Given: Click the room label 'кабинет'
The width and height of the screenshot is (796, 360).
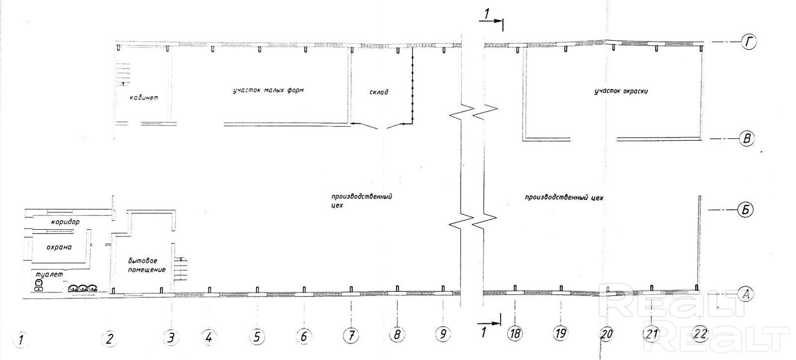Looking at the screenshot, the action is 144,98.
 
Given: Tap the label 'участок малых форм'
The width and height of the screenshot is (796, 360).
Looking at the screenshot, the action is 268,90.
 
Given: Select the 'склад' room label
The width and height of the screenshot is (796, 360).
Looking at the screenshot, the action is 379,92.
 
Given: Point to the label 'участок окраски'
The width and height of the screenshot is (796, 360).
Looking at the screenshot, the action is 621,91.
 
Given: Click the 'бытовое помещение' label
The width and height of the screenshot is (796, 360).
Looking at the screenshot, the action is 146,265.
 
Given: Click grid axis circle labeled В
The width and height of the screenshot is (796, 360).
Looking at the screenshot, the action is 746,138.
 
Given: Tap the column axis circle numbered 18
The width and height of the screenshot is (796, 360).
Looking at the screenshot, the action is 515,333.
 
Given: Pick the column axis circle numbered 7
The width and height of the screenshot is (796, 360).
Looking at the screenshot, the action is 351,336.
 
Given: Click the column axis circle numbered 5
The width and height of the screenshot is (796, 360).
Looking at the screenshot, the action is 257,337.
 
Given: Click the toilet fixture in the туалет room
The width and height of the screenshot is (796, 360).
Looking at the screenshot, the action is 38,284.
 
